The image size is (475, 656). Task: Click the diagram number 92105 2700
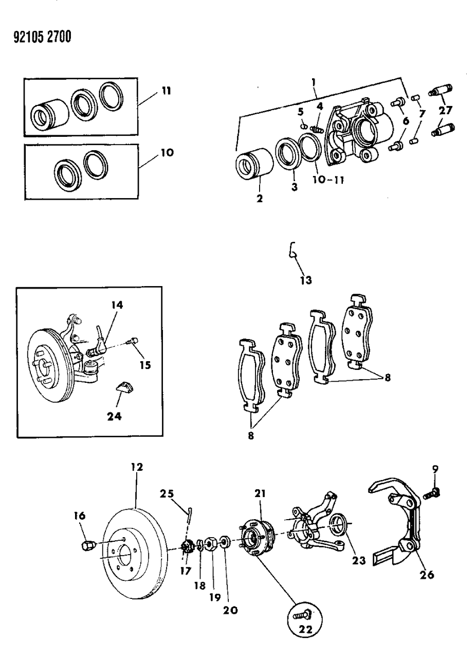[39, 37]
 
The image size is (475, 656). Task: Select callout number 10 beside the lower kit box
[167, 153]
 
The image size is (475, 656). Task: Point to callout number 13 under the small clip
[307, 280]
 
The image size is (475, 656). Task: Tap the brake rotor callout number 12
[137, 467]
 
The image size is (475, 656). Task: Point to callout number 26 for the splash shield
[427, 574]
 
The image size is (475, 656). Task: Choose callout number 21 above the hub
[260, 493]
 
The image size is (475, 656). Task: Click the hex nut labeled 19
[210, 543]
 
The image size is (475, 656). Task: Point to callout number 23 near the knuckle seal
[359, 560]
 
